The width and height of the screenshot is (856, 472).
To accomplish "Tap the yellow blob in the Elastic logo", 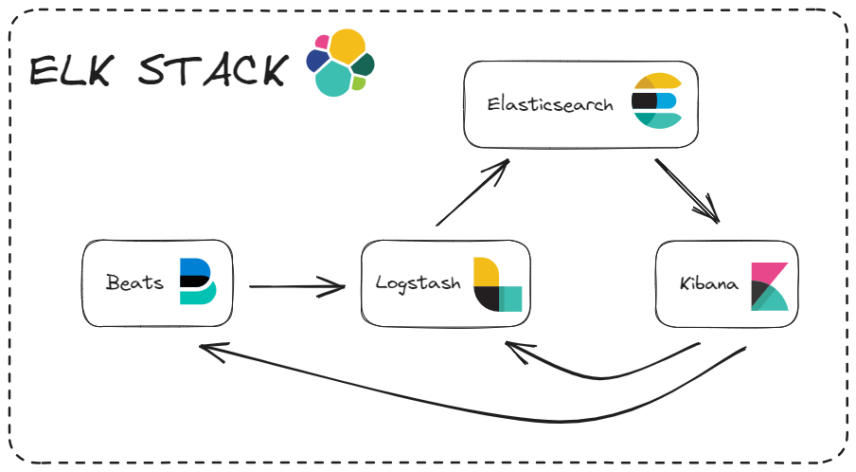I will point(348,46).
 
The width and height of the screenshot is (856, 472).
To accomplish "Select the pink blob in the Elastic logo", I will point(323,42).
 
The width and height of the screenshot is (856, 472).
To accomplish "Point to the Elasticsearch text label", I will point(550,104).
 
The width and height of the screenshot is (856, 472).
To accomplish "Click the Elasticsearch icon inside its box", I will point(656,100).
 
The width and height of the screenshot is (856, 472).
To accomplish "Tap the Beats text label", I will point(134,282).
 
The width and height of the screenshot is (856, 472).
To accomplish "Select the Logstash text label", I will point(418,282).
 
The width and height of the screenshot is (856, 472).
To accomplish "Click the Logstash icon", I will point(497,284).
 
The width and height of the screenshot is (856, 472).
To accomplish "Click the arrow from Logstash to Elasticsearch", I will point(472,193).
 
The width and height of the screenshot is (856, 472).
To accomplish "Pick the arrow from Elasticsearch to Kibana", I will point(687,190).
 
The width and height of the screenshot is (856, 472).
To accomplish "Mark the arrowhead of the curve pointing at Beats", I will point(206,351).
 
